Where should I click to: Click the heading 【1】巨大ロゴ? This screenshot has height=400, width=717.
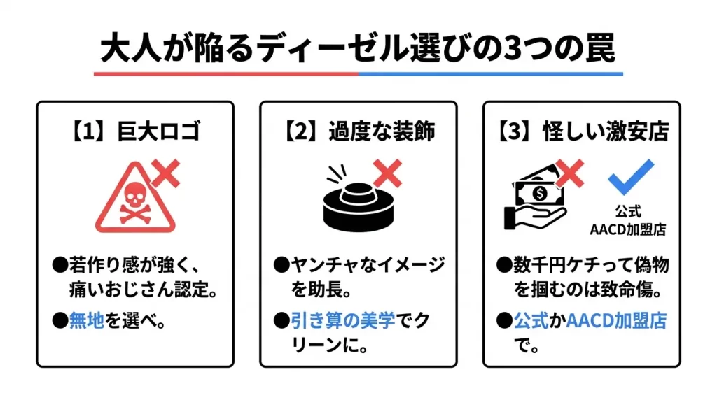click(135, 131)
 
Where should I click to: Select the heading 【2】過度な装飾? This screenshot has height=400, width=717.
click(358, 131)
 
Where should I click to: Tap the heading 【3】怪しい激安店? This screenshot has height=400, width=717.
click(581, 131)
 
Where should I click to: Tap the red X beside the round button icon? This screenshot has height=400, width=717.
click(387, 173)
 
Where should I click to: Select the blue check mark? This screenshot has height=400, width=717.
click(630, 176)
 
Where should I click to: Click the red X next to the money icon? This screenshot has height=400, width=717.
click(569, 173)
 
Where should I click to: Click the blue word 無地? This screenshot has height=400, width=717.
click(86, 321)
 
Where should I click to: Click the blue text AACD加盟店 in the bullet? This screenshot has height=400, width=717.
click(615, 321)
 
